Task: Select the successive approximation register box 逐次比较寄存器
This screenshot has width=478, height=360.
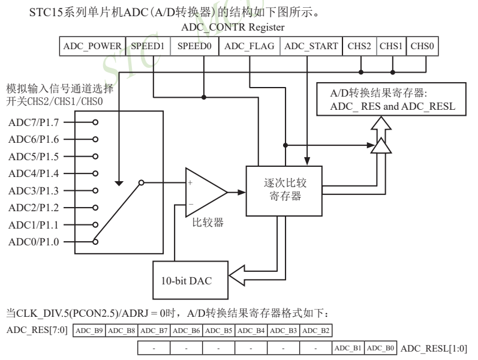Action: pos(284,190)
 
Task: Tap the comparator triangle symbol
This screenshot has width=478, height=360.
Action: pos(204,192)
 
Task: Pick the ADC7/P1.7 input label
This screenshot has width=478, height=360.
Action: pos(35,122)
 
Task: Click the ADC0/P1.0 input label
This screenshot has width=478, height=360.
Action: pos(35,242)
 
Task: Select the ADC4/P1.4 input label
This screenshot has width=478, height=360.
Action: pos(35,173)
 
